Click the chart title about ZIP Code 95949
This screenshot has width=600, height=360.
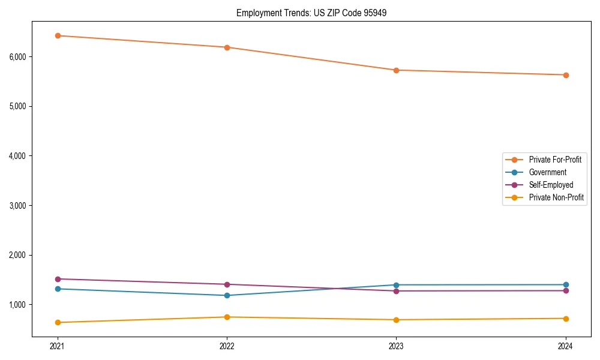tap(307, 13)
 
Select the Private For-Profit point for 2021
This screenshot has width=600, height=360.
tap(58, 35)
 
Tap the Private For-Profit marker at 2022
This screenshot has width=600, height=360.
tap(227, 47)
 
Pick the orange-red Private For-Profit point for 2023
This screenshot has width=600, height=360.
tap(396, 70)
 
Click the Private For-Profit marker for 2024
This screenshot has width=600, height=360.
tap(566, 75)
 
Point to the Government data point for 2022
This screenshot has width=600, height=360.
tap(227, 295)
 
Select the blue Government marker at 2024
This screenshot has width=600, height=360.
tap(566, 284)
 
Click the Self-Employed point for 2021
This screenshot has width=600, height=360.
tap(58, 279)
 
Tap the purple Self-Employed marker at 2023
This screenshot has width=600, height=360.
tap(396, 291)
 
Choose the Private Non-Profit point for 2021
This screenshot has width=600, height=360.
tap(58, 322)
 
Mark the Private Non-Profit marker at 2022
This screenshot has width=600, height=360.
tap(227, 317)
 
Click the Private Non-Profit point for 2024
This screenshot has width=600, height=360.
tap(566, 319)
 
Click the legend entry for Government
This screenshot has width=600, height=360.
tap(547, 172)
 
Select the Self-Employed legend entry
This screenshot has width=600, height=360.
tap(551, 185)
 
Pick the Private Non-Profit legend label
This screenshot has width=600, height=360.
tap(556, 197)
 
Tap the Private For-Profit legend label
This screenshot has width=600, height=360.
tap(554, 160)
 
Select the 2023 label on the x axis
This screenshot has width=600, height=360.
tap(396, 346)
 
